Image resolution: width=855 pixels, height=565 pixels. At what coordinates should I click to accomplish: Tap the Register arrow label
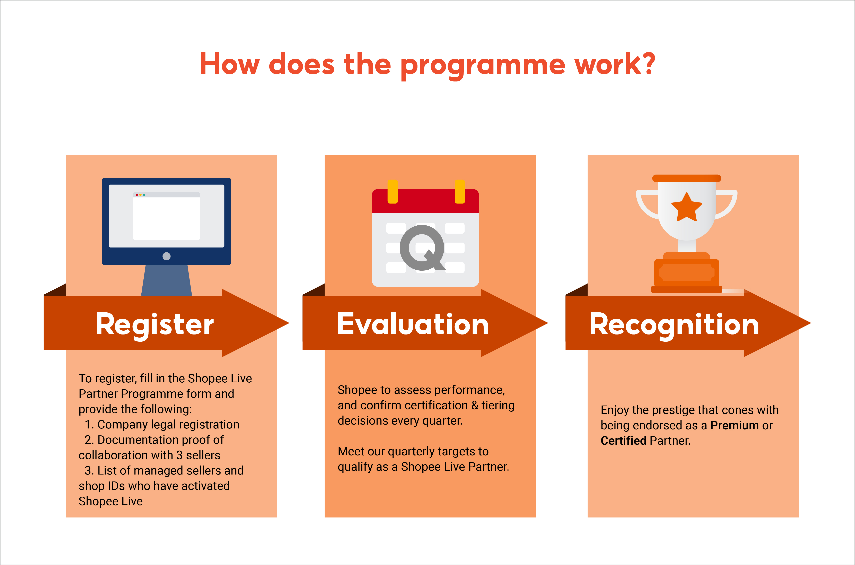tap(155, 324)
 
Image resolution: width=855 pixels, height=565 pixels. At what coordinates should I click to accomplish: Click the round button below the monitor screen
tap(166, 256)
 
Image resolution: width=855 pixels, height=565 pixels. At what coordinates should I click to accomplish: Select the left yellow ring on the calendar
tap(393, 191)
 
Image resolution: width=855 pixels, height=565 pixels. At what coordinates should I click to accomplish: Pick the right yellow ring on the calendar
tap(460, 191)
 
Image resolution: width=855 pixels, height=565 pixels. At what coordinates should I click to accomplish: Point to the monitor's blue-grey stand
tap(166, 280)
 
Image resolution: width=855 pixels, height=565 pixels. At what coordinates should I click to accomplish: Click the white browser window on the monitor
tap(166, 218)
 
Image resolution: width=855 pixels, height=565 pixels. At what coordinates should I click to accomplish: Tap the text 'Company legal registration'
tap(168, 425)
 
